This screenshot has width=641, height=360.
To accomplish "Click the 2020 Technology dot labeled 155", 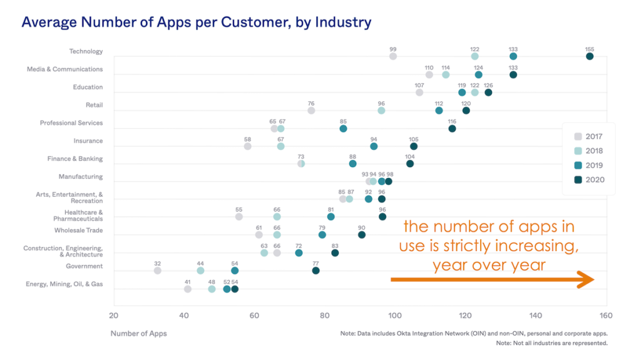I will pyautogui.click(x=590, y=56).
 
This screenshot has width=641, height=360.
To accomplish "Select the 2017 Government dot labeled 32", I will pyautogui.click(x=158, y=270).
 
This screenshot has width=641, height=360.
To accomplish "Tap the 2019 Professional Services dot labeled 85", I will pyautogui.click(x=343, y=128).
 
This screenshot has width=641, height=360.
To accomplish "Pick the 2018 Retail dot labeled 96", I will pyautogui.click(x=381, y=110).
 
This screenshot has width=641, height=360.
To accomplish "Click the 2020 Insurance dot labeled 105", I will pyautogui.click(x=414, y=147).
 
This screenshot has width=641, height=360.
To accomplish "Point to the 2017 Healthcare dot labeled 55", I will pyautogui.click(x=239, y=217).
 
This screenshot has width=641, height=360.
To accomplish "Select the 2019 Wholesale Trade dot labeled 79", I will pyautogui.click(x=322, y=235).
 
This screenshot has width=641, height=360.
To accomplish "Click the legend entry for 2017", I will pyautogui.click(x=588, y=136).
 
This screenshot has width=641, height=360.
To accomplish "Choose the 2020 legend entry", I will pyautogui.click(x=588, y=180).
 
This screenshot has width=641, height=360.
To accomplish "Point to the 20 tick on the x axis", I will pyautogui.click(x=113, y=316).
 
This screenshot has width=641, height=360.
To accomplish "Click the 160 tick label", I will pyautogui.click(x=606, y=316).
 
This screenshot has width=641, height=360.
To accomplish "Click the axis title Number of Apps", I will pyautogui.click(x=138, y=334).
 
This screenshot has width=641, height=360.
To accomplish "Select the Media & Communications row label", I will pyautogui.click(x=64, y=69).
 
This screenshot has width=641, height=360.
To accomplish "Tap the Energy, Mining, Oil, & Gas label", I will pyautogui.click(x=64, y=284).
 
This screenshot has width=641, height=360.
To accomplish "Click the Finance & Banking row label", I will pyautogui.click(x=74, y=159).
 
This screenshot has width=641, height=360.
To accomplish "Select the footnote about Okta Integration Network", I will pyautogui.click(x=473, y=334).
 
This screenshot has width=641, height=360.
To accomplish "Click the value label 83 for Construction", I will pyautogui.click(x=335, y=246).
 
